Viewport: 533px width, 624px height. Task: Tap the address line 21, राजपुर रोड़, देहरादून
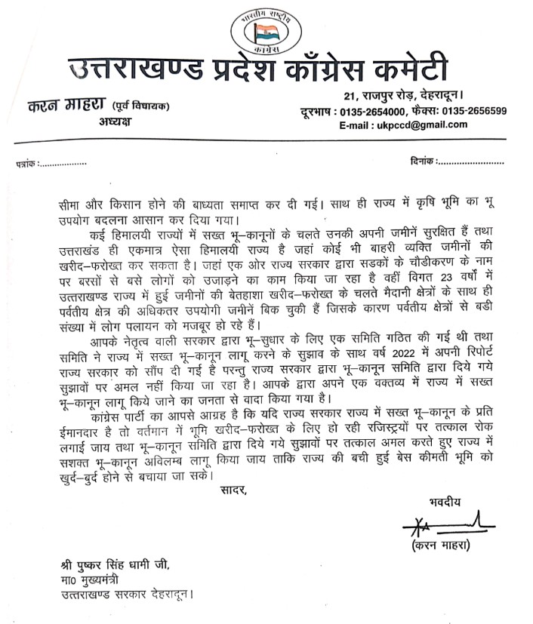tap(419, 96)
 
